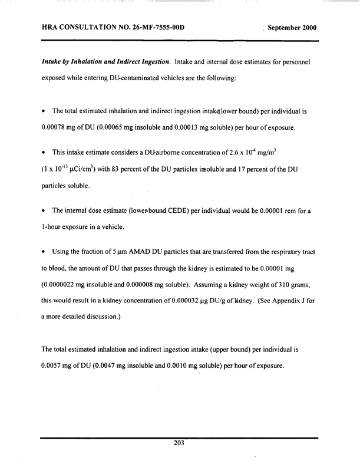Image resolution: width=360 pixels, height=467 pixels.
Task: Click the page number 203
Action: pyautogui.click(x=180, y=445)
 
